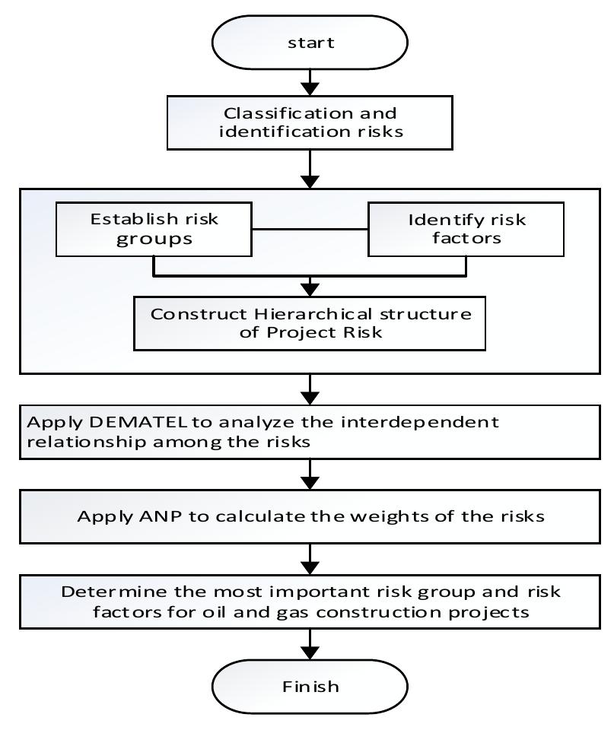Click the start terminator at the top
310,43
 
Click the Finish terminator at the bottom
310,686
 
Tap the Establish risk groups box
154,230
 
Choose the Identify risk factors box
466,230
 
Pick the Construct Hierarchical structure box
310,324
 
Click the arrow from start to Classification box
310,81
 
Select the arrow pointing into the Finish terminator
310,646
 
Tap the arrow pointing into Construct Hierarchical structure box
310,286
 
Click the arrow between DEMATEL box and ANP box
310,477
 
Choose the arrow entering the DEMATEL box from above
310,389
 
